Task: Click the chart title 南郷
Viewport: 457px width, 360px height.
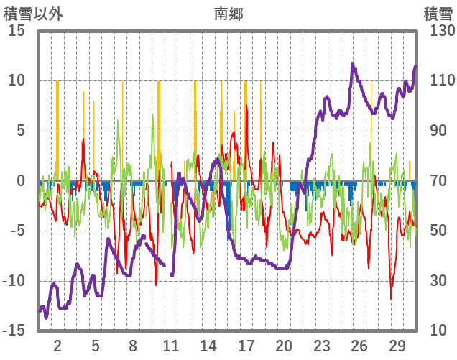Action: click(228, 13)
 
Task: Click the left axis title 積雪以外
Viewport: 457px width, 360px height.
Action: click(28, 13)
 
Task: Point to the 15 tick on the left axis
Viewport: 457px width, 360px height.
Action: click(17, 31)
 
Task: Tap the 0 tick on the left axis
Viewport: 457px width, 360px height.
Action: click(22, 181)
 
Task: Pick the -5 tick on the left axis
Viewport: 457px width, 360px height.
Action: click(18, 231)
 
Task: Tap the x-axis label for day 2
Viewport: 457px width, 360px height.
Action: click(57, 346)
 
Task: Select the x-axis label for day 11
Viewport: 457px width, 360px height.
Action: click(170, 346)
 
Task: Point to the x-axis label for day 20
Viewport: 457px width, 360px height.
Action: click(284, 346)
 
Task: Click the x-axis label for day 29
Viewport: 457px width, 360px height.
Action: click(397, 346)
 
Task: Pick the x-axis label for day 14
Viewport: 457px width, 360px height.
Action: click(208, 346)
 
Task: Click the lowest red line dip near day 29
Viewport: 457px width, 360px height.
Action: click(392, 299)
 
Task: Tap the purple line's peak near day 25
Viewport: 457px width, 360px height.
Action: click(353, 64)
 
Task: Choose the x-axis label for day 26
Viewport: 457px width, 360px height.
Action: click(359, 346)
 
